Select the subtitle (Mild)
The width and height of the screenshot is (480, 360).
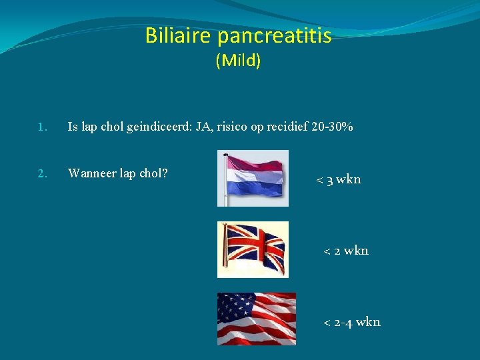click(238, 61)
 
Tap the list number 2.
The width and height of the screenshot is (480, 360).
click(42, 174)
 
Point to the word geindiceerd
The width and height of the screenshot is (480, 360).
click(157, 127)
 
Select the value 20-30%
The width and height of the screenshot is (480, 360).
click(332, 127)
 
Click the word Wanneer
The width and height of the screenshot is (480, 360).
click(91, 174)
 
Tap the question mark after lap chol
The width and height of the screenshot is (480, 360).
click(165, 174)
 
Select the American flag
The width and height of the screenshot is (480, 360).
click(256, 319)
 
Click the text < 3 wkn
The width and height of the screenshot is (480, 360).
click(339, 179)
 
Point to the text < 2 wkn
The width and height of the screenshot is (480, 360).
click(346, 251)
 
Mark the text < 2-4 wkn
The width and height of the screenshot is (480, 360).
click(352, 322)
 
